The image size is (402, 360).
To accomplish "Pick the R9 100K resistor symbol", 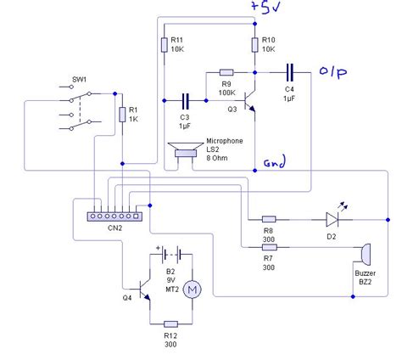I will pos(226,73).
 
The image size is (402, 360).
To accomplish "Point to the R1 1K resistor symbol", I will pos(124,115).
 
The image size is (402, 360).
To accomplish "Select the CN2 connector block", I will pos(115,216).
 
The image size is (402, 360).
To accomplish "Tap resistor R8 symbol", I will pos(269,218).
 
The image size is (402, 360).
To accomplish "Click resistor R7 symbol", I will pos(269,249).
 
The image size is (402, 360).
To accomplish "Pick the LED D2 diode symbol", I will pos(332,218).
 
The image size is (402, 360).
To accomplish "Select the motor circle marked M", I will pos(192,290).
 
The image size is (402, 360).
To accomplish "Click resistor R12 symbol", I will pos(170,323).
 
